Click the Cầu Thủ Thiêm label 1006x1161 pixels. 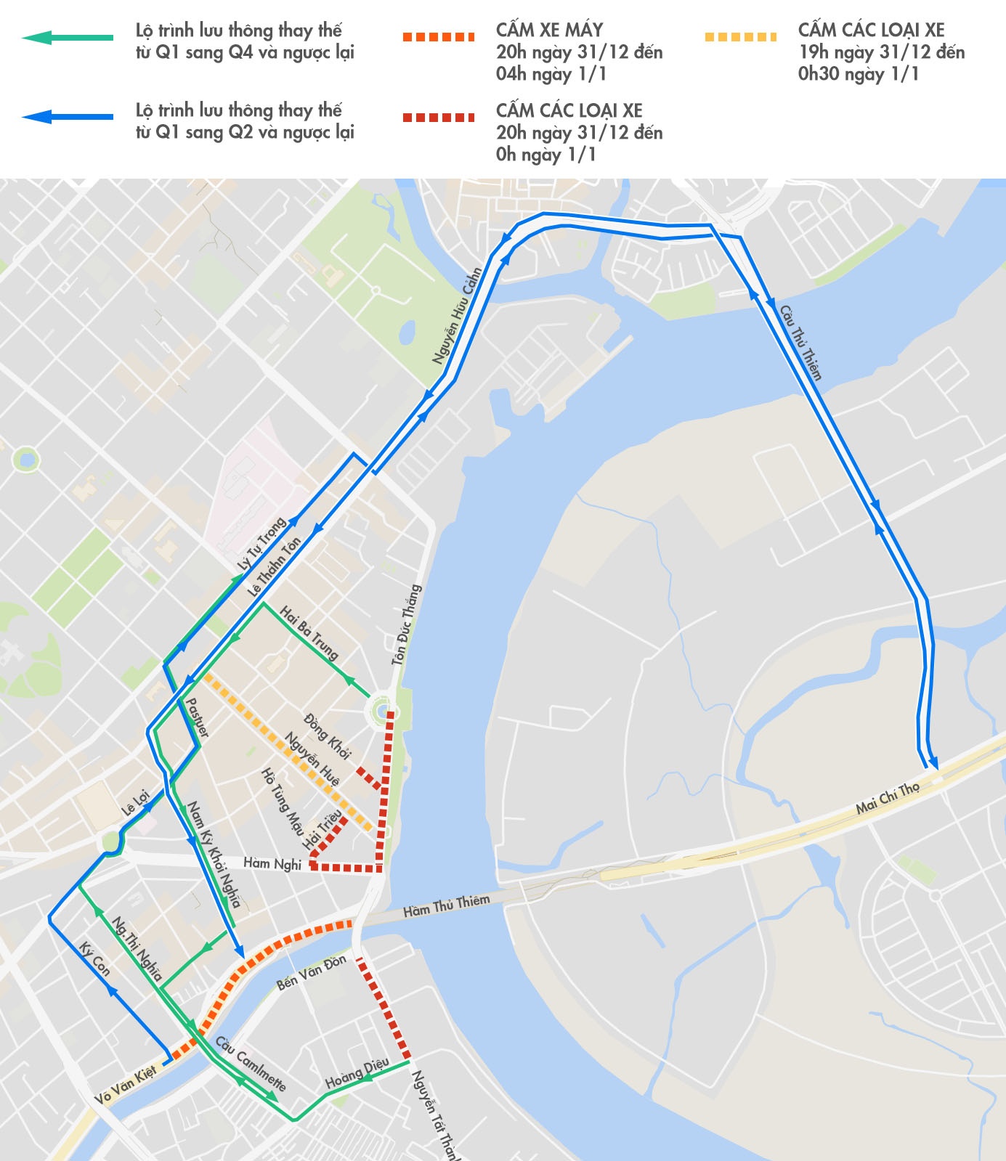(801, 343)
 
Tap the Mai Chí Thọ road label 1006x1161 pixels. (888, 798)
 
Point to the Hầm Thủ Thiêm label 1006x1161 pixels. (447, 905)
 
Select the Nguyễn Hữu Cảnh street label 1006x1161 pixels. (458, 317)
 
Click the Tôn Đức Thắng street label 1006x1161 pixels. (406, 624)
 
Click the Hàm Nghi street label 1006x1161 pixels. (272, 863)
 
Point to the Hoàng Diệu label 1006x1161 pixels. (357, 1073)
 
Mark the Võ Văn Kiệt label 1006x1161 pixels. (126, 1085)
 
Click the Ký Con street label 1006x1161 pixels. (95, 959)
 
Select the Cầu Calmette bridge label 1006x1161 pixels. (251, 1063)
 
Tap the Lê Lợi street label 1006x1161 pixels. (135, 803)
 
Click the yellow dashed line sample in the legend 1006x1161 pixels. (740, 37)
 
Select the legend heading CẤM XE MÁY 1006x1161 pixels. (549, 30)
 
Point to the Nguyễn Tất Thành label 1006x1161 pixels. (434, 1115)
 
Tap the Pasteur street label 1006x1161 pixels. (197, 718)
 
